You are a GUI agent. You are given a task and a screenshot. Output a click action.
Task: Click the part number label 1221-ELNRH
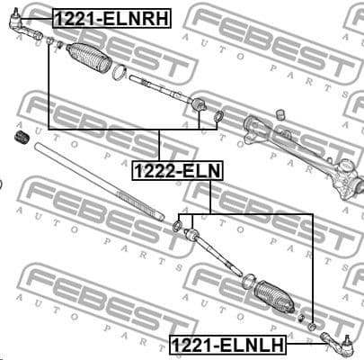tap(112, 16)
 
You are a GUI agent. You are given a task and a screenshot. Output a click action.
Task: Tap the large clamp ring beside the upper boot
tap(119, 72)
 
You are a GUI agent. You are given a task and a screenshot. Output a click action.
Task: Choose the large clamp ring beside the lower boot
tap(247, 281)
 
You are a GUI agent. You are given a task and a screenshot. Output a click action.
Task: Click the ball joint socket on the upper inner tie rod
tap(200, 106)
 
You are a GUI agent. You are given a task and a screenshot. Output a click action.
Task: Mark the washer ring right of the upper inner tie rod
tap(218, 116)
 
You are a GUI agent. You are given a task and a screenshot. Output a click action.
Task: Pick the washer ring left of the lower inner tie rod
tap(177, 224)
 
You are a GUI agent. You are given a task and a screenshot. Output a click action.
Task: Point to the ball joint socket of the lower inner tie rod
tap(191, 234)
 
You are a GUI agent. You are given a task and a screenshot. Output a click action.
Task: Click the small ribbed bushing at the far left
tap(16, 140)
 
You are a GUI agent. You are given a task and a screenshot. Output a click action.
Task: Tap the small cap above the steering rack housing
tap(280, 113)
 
